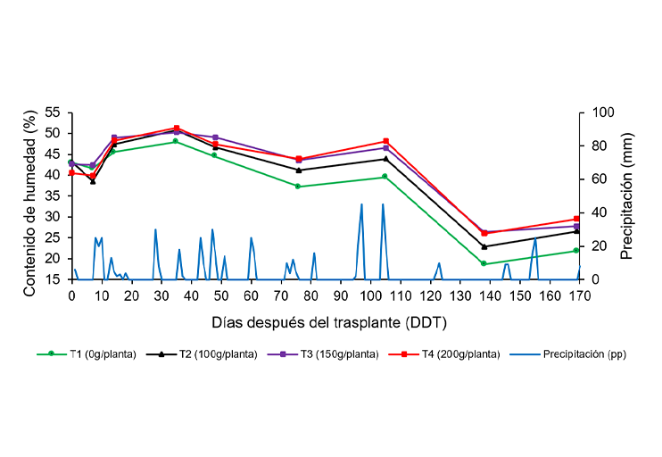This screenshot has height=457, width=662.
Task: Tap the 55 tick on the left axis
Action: (52, 112)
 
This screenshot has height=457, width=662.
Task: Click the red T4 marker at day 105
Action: (385, 141)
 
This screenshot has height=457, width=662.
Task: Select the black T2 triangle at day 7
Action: (93, 180)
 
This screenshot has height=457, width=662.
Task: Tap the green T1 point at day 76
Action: (298, 187)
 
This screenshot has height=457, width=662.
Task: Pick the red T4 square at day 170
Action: (576, 219)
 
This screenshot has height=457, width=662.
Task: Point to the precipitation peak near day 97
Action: (361, 204)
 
